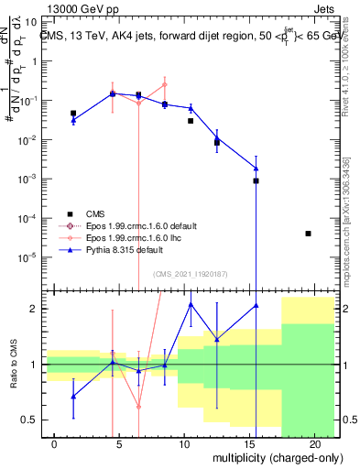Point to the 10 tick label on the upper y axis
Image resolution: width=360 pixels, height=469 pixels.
[x=30, y=23]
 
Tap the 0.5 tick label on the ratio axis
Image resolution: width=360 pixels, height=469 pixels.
[x=28, y=420]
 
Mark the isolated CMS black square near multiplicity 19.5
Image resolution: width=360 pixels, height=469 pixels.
[x=308, y=234]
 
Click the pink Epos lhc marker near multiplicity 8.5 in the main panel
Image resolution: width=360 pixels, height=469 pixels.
[x=165, y=85]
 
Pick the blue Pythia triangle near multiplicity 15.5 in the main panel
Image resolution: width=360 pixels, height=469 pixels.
[x=256, y=168]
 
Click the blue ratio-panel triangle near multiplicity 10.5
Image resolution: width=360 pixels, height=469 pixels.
[x=191, y=304]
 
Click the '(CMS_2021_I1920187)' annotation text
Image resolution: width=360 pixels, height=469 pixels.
[x=189, y=274]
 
